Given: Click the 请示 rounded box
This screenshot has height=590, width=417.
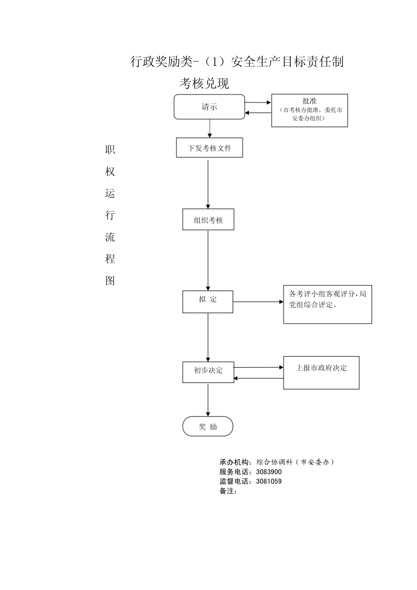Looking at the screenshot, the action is coord(209,107).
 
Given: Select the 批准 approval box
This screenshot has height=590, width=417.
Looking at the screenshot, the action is coord(309,110).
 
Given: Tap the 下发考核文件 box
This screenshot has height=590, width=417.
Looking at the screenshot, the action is coord(210,148).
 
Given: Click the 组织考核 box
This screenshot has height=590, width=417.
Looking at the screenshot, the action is coord(208,220).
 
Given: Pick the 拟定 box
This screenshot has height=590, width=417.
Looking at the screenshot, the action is coord(207,302).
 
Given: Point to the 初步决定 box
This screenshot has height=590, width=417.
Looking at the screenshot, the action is coord(208,372).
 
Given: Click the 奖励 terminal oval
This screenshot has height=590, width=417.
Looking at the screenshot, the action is coord(208,426).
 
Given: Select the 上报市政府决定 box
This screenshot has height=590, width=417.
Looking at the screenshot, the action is coord(321,372).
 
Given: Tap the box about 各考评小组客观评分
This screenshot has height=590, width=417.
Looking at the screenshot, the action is coord(328,304).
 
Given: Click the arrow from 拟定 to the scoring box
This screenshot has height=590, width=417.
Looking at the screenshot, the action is coord(258,302).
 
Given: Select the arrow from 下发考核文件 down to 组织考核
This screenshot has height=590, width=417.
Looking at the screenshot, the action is coord(208,184).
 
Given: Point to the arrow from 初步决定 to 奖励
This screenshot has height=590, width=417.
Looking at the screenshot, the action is coord(208,400).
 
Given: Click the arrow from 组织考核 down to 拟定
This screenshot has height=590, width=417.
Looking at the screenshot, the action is coord(208,261).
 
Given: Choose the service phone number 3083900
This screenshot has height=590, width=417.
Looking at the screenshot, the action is coord(269,472).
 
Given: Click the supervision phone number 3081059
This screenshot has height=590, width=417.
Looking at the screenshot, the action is coord(269,481).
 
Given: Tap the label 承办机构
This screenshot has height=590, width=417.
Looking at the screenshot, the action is coord(234,462).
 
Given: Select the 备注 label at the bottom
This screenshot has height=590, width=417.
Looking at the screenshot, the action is coord(227,491).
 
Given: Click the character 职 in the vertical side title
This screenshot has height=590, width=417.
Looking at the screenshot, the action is coord(110,150).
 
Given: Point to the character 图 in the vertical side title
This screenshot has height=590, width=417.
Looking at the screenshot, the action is coord(110,281).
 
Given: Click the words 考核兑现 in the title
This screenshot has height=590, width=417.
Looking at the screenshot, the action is coord(204,83).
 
